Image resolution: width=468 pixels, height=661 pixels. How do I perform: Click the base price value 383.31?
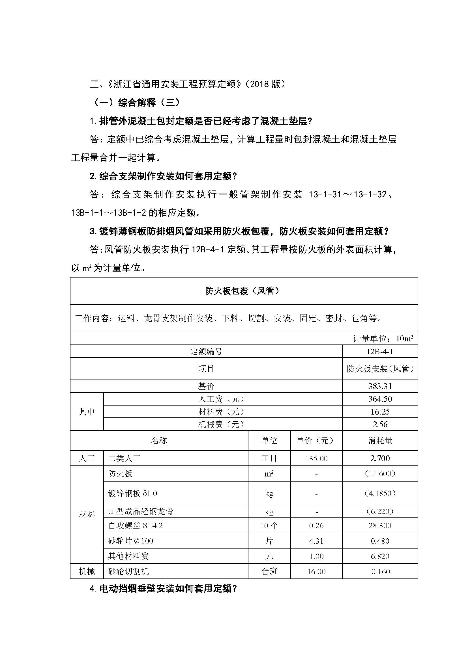point(380,386)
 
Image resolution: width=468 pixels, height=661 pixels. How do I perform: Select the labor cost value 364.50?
point(380,399)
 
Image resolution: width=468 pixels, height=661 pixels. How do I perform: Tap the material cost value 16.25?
point(380,412)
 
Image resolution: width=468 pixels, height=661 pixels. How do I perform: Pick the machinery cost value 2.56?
point(380,424)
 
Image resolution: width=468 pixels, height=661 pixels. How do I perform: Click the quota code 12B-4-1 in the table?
point(380,352)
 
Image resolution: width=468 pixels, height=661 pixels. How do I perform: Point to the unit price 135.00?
point(316,459)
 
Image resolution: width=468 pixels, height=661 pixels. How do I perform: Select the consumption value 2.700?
point(380,458)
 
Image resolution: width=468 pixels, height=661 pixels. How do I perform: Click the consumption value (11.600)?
point(380,474)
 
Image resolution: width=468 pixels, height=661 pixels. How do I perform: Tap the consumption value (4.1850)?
point(380,493)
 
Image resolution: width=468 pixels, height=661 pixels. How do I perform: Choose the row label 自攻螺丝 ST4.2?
point(135,526)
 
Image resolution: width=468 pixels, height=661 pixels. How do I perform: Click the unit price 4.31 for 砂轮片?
point(316,541)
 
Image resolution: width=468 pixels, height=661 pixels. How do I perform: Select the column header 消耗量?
point(380,441)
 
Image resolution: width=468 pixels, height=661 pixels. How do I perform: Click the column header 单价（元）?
point(316,441)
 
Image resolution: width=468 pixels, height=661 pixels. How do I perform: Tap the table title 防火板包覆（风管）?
point(244,291)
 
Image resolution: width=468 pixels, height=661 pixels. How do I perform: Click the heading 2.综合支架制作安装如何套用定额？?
point(163,176)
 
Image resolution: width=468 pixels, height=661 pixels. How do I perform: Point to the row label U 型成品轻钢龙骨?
point(141,511)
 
